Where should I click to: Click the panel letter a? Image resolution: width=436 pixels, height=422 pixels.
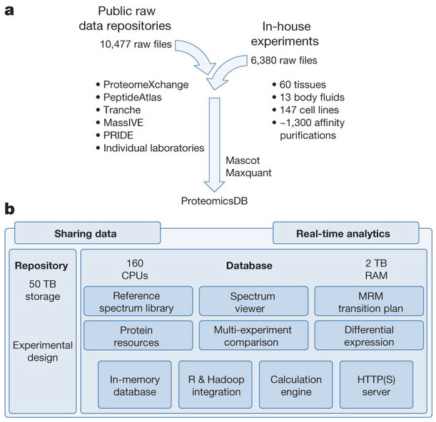tap(9, 11)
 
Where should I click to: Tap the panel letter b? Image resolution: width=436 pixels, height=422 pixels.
tap(10, 209)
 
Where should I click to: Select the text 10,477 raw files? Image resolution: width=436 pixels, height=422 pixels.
tap(136, 44)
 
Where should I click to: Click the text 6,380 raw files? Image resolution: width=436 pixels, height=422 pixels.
tap(284, 61)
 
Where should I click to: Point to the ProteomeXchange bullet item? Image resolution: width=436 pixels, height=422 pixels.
tap(143, 84)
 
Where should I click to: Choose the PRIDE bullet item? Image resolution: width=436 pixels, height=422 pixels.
tap(115, 135)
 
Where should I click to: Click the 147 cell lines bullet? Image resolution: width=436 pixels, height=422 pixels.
tap(305, 110)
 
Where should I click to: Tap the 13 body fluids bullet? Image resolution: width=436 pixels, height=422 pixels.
tap(308, 97)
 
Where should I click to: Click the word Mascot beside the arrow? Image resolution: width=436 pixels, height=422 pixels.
tap(243, 160)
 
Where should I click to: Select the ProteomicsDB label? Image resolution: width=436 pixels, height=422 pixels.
tap(214, 201)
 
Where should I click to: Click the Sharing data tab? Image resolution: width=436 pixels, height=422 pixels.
tap(87, 233)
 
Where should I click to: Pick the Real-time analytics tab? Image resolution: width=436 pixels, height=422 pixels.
tap(345, 233)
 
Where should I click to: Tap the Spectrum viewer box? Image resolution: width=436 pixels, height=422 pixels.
tap(253, 301)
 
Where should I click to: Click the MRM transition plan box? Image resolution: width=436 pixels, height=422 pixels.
tap(369, 301)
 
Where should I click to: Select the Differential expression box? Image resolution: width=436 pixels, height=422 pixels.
tap(369, 335)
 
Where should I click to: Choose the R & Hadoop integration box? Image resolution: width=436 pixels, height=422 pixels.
tap(216, 385)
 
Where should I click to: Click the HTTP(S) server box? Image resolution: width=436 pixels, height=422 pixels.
tap(376, 385)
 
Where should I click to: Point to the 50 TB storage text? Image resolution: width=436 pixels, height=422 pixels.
tap(43, 290)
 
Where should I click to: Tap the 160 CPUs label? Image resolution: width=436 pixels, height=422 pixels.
tap(135, 269)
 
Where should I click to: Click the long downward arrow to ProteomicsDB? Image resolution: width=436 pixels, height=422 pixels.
tap(214, 145)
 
